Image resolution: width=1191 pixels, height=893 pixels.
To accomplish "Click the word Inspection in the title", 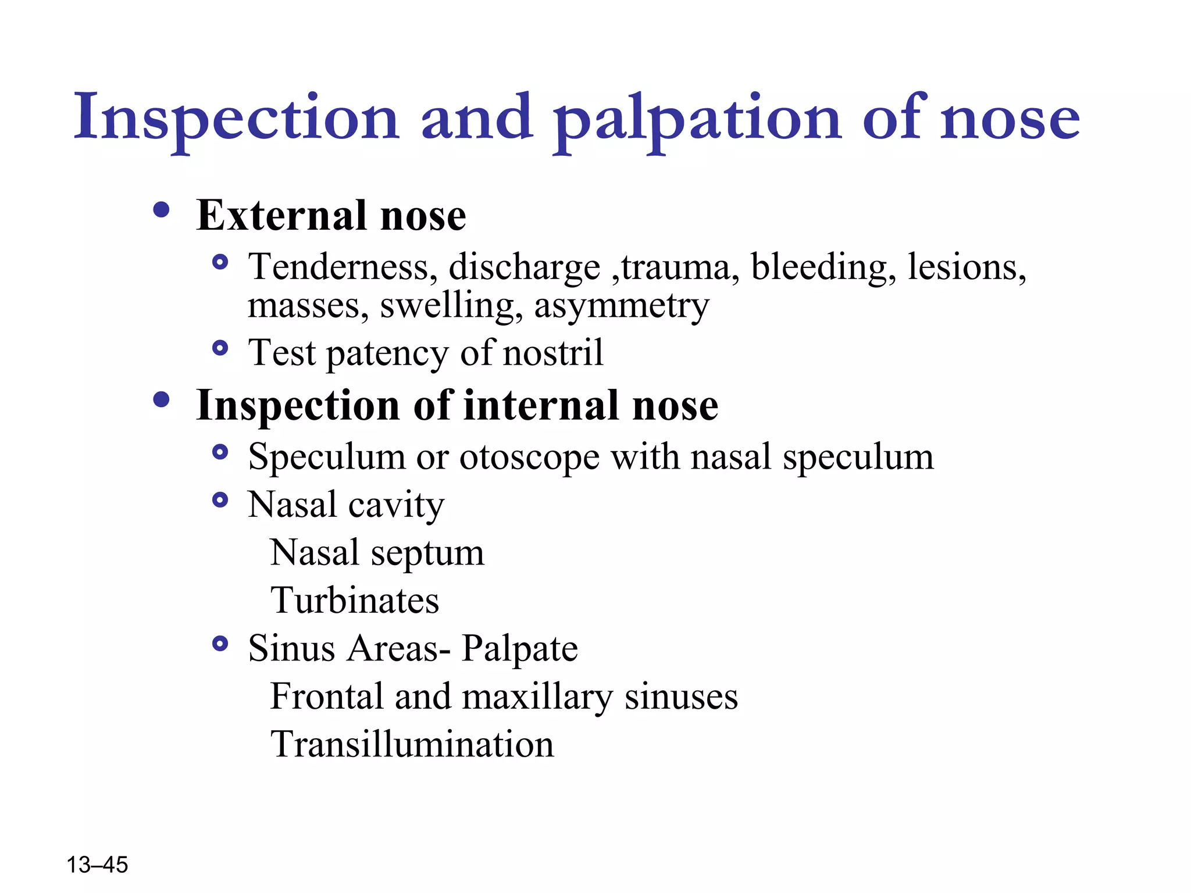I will [x=236, y=118].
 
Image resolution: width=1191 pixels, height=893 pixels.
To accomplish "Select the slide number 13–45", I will [x=97, y=865].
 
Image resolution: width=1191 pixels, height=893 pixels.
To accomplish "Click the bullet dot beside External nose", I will [x=161, y=210].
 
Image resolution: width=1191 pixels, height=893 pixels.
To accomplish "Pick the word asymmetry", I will [x=622, y=306].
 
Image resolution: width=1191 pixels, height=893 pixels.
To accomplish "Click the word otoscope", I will [x=529, y=458].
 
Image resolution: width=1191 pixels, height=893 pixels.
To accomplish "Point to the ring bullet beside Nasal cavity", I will [x=220, y=500].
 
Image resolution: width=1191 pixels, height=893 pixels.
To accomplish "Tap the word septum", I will [x=427, y=553].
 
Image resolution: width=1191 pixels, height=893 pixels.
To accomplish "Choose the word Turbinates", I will [x=355, y=601].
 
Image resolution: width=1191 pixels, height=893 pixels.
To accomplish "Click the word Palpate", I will [x=519, y=649].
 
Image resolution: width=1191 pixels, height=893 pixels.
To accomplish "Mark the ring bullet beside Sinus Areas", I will [x=220, y=644].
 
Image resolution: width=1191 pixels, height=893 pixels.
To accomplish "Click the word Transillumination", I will [x=412, y=744].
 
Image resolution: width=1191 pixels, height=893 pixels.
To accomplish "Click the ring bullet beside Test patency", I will [x=220, y=348].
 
